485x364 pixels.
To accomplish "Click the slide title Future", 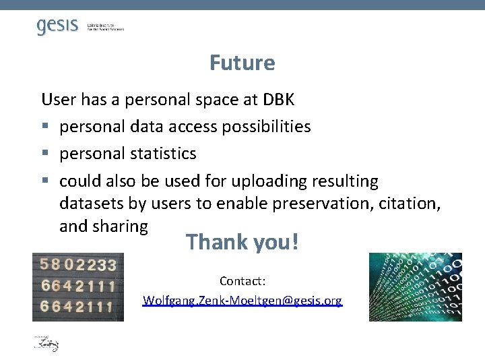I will tap(242, 63).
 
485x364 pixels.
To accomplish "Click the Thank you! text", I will tap(242, 241).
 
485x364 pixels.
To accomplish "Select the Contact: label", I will tap(243, 280).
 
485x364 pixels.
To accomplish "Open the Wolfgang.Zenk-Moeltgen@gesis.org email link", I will tap(243, 301).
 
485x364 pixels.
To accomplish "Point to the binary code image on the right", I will tap(415, 286).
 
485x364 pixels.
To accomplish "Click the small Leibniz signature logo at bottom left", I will tap(46, 343).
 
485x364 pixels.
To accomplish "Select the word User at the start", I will tap(57, 100).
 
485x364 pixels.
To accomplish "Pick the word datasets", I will tap(89, 204).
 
